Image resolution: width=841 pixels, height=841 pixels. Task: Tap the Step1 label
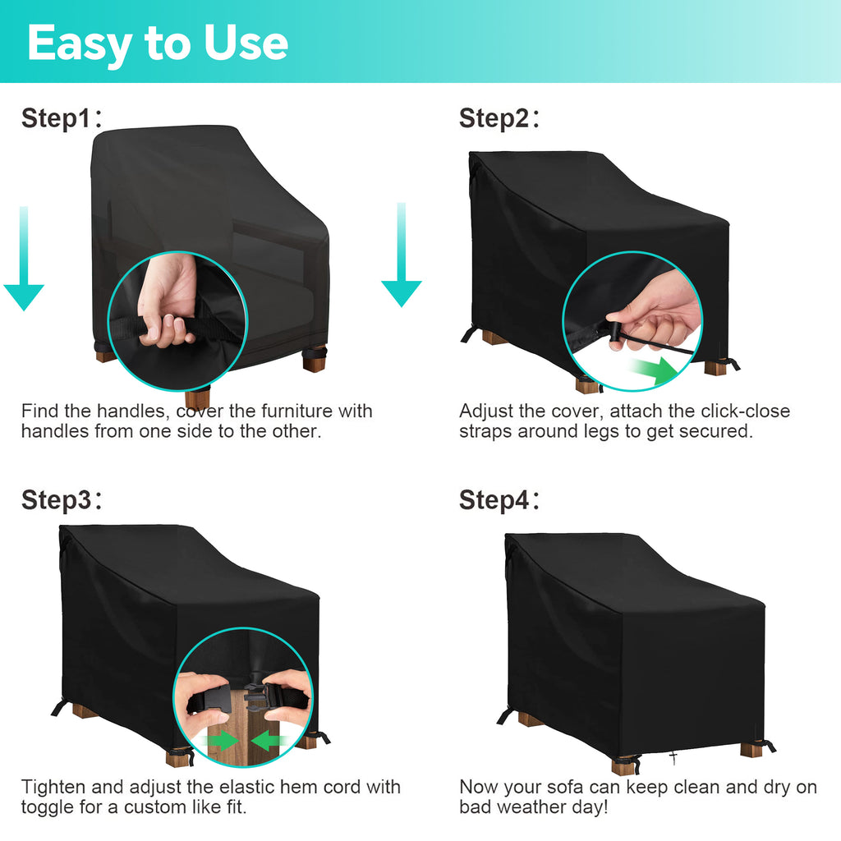tap(61, 118)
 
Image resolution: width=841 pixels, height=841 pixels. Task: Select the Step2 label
tap(499, 118)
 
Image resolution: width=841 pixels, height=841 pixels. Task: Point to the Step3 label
tap(61, 500)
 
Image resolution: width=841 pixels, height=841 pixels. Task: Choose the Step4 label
tap(499, 500)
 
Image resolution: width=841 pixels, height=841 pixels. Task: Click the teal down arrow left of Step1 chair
tap(24, 259)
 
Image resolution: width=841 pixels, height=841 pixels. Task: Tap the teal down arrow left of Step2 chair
tap(401, 255)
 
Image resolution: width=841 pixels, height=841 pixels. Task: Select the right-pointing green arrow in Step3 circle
tap(220, 742)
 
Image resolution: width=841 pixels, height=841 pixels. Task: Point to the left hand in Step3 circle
tap(203, 697)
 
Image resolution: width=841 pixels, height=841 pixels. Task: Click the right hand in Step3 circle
tap(287, 696)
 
